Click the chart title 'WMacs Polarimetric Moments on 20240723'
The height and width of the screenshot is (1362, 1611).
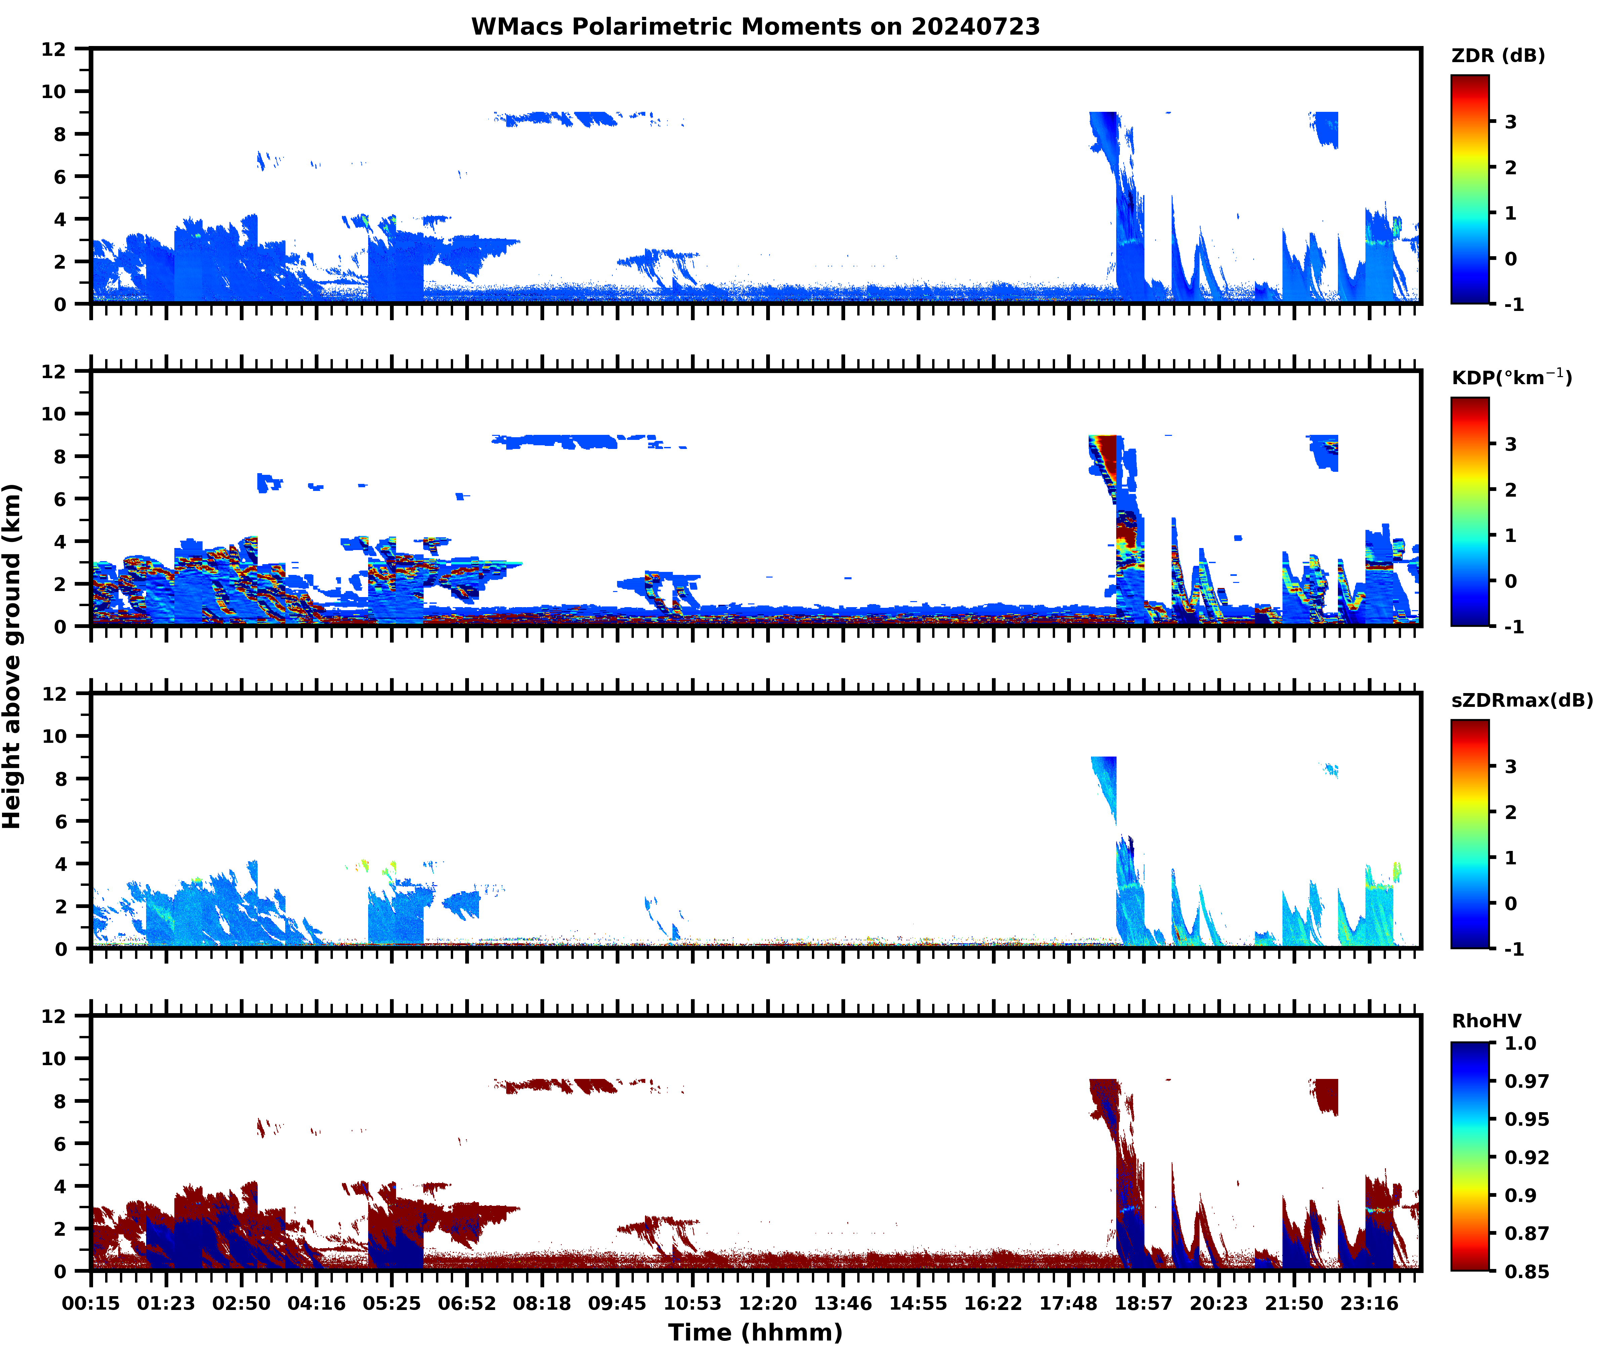(755, 27)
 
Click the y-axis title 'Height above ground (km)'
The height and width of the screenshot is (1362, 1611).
(12, 656)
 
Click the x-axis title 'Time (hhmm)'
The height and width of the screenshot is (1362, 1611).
(755, 1332)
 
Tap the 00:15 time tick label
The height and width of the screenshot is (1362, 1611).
(91, 1303)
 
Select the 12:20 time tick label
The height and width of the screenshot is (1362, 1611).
(768, 1303)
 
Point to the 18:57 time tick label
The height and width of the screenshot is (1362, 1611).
(1144, 1303)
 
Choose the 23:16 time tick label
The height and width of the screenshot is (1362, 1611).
(1369, 1303)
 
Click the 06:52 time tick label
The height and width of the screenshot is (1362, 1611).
(467, 1303)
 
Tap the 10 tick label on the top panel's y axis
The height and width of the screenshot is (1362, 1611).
(54, 91)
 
